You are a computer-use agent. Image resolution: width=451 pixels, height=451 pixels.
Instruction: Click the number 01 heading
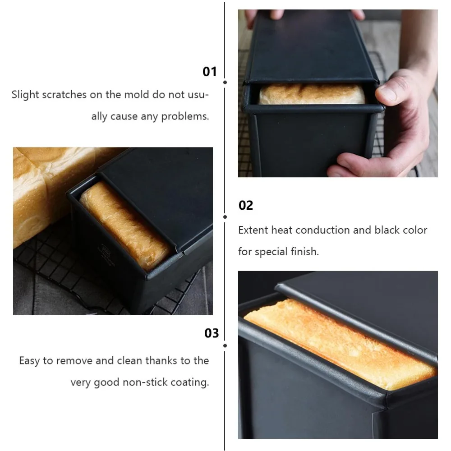(210, 72)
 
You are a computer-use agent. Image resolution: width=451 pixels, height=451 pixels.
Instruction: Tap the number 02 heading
(246, 206)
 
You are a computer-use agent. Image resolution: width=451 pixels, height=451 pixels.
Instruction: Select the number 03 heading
(212, 333)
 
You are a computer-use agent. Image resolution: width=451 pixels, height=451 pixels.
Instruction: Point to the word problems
(185, 117)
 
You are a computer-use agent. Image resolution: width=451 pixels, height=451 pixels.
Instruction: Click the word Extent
(253, 230)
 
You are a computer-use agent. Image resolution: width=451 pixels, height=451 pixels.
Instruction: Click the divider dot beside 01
(225, 83)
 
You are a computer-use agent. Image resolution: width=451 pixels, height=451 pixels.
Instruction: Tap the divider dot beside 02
(225, 217)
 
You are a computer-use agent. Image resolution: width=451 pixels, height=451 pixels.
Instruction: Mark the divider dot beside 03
(225, 345)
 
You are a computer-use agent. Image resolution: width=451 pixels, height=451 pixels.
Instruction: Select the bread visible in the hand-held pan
(312, 94)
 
